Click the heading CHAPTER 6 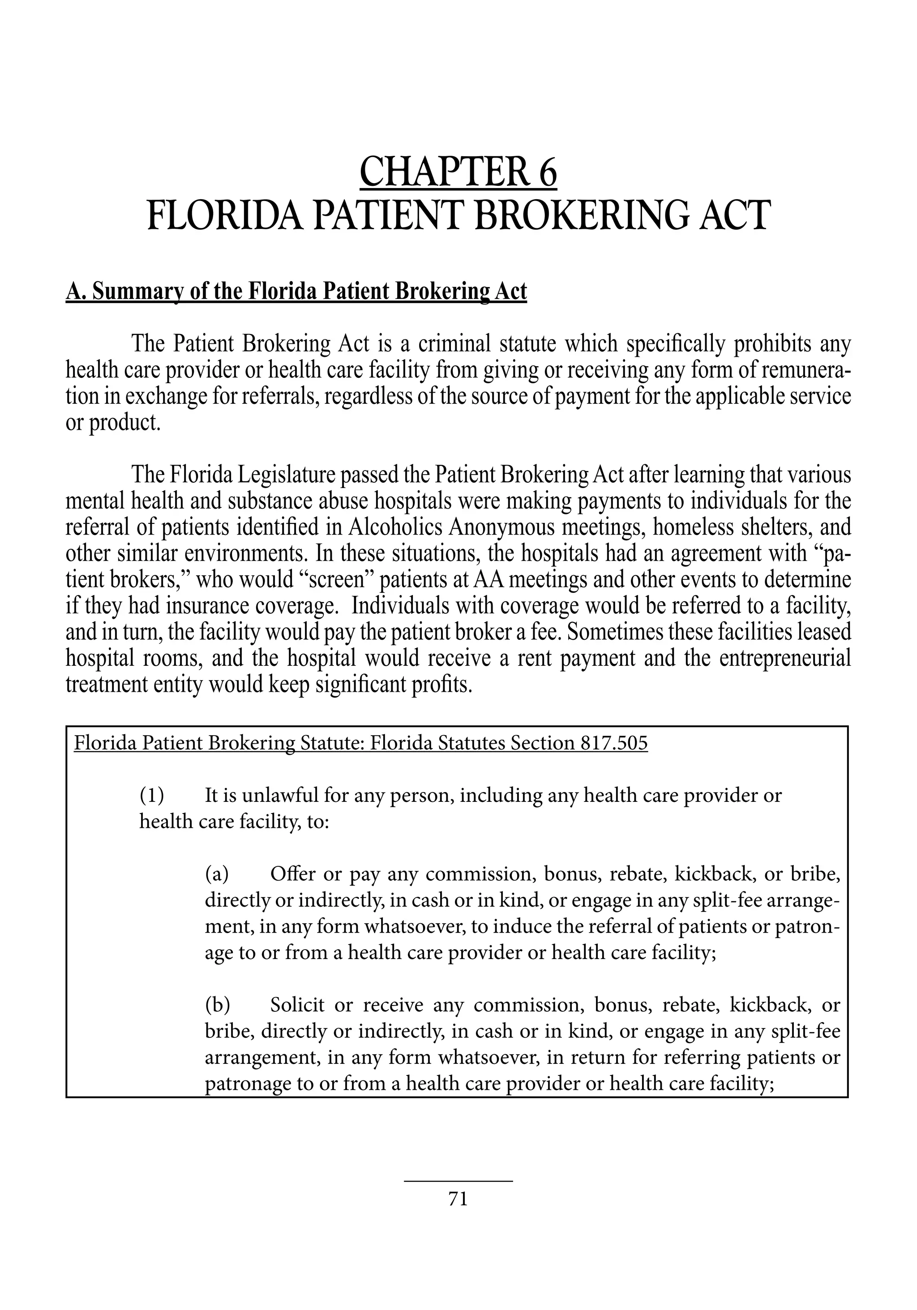point(458,172)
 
